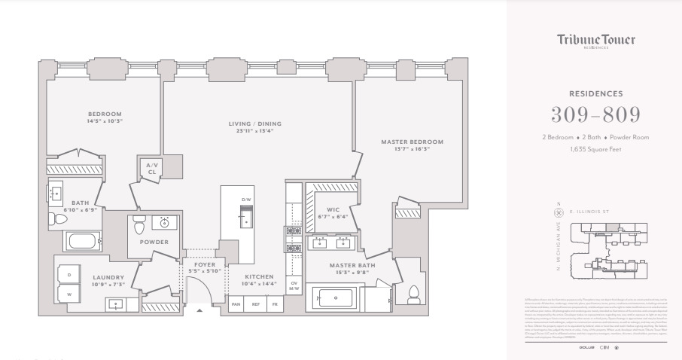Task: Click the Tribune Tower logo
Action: click(595, 41)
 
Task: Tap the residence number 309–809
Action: click(595, 114)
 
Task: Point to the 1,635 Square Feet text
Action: click(595, 149)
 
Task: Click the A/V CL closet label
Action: click(151, 167)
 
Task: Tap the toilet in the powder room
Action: click(138, 225)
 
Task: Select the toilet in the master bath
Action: click(412, 293)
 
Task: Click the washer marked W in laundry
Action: click(70, 294)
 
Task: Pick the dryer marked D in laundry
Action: click(70, 272)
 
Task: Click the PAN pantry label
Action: click(236, 304)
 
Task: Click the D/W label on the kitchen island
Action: click(245, 200)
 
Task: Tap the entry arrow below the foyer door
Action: click(199, 310)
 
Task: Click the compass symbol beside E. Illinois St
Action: click(558, 213)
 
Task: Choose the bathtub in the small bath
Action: click(81, 242)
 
